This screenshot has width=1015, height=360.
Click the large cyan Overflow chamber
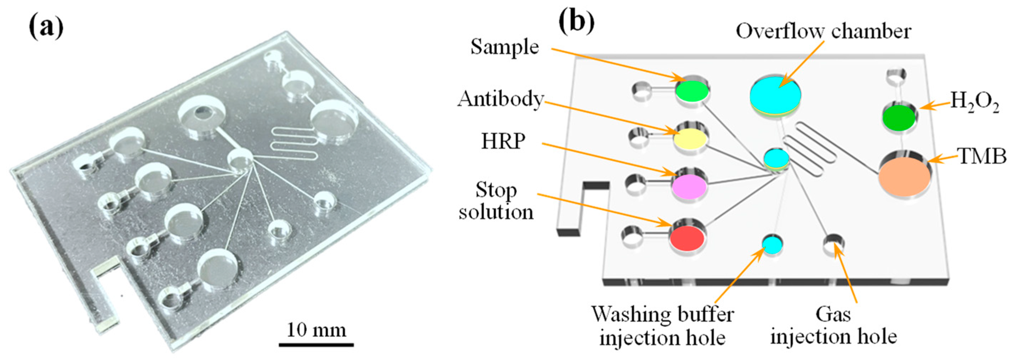[775, 94]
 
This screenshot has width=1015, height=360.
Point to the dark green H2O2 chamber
[899, 118]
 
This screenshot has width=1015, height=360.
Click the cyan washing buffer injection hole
[772, 244]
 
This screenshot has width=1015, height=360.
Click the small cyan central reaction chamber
[777, 158]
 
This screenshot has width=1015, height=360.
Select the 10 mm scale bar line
[316, 345]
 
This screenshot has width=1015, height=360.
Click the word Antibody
[500, 99]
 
